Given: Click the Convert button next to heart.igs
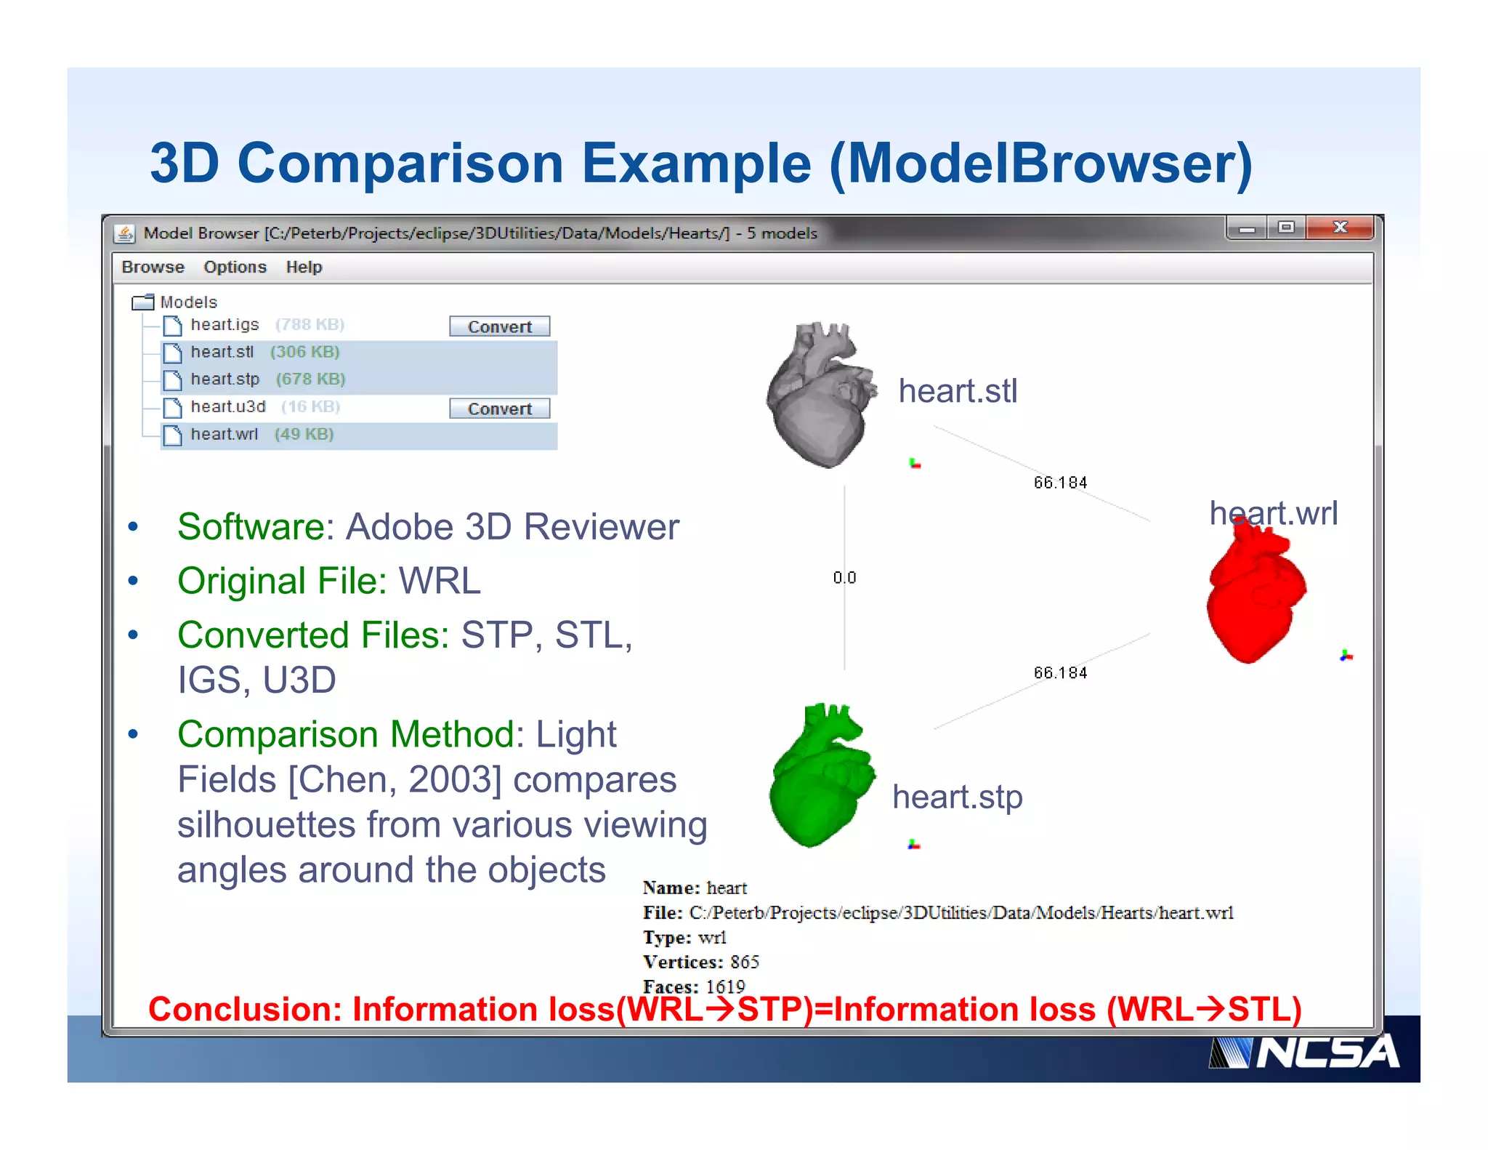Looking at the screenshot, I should [x=499, y=326].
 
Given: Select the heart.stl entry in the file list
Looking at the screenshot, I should [x=222, y=352].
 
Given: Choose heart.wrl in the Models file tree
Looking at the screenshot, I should [x=224, y=434].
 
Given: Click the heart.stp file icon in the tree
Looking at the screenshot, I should [x=172, y=379].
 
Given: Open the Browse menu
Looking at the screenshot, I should [x=153, y=267].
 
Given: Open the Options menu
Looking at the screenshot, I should [x=235, y=267].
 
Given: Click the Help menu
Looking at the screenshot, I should [x=304, y=267].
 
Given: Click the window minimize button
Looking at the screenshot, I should [x=1247, y=228].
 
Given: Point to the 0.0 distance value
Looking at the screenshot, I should [x=844, y=578].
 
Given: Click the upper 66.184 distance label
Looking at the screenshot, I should [x=1060, y=483].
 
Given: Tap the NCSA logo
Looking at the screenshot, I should [x=1304, y=1053].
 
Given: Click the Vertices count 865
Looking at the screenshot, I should [x=745, y=962].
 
